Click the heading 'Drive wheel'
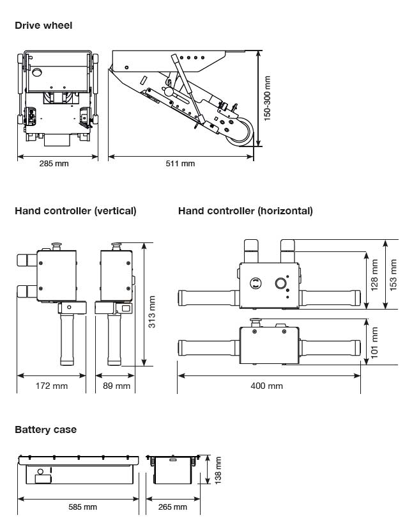pos(43,26)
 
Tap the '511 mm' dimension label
pos(180,164)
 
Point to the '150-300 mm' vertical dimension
pos(268,98)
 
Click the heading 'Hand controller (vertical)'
pos(75,211)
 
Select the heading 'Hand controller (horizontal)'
pos(245,211)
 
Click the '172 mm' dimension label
pos(52,386)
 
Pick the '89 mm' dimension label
pos(116,386)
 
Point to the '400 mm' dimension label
pos(267,386)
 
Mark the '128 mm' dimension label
pos(375,274)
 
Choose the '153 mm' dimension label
pos(393,274)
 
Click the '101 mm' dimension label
pos(375,342)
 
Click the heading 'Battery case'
pos(45,430)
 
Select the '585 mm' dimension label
pos(82,507)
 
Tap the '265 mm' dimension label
pos(172,507)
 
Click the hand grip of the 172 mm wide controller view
pos(67,339)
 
